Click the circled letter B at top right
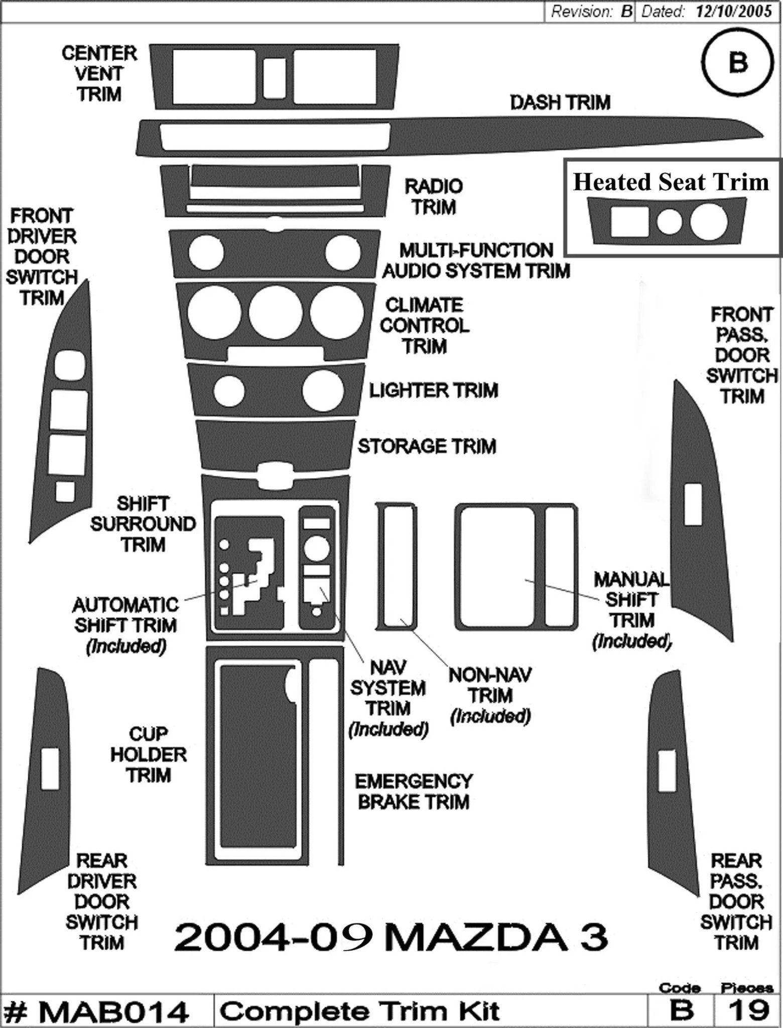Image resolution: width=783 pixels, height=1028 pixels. pos(737,63)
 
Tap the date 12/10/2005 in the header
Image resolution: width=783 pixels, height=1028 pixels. pos(733,12)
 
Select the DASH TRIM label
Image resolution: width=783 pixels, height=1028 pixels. pos(560,103)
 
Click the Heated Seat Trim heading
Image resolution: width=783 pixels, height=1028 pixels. pos(671,182)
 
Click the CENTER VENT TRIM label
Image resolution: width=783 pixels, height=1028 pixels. pos(99,73)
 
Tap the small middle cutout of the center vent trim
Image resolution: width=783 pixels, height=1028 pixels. pos(275,78)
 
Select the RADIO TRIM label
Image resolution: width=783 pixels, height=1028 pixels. pos(434,196)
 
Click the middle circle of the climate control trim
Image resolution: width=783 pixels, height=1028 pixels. pos(275,312)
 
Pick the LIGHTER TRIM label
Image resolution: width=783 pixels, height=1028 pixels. pos(434,391)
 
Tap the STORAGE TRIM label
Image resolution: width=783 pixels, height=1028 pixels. pos(427,446)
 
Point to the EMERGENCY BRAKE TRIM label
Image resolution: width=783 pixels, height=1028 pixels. pos(414,792)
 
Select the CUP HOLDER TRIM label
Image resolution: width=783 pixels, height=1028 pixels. pos(149,754)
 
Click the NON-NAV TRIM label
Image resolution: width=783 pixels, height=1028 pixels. pos(490,686)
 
